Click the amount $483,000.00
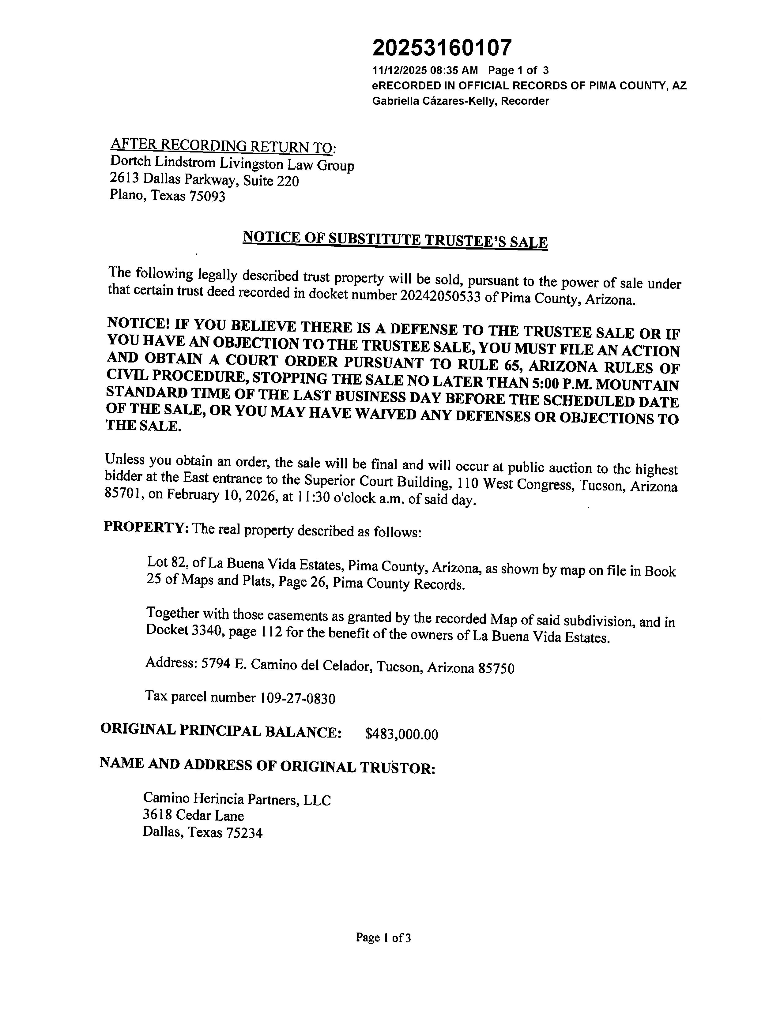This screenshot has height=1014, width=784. pyautogui.click(x=401, y=734)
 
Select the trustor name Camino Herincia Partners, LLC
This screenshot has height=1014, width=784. pyautogui.click(x=237, y=799)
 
